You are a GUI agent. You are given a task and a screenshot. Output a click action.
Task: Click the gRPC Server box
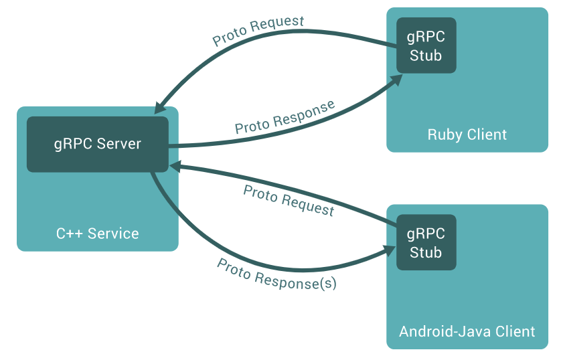coord(97,144)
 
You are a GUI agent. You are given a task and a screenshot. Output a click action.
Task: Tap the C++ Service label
coord(97,234)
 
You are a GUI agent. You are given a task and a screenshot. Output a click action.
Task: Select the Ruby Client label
coord(467,134)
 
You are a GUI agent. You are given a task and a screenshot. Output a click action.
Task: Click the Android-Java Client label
coord(467,331)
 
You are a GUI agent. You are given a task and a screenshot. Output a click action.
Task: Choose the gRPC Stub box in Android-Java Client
coord(426,242)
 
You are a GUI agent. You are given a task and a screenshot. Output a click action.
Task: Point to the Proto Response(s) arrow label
coord(276,274)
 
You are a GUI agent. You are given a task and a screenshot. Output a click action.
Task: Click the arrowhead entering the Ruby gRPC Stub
coord(396,80)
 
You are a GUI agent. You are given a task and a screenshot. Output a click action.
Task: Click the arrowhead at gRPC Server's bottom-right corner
coord(173,165)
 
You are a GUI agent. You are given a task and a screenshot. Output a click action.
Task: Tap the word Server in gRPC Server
coord(118,144)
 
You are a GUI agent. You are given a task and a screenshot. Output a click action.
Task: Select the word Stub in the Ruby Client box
coord(426,55)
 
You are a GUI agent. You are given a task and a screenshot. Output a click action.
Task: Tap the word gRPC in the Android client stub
coord(426,234)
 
